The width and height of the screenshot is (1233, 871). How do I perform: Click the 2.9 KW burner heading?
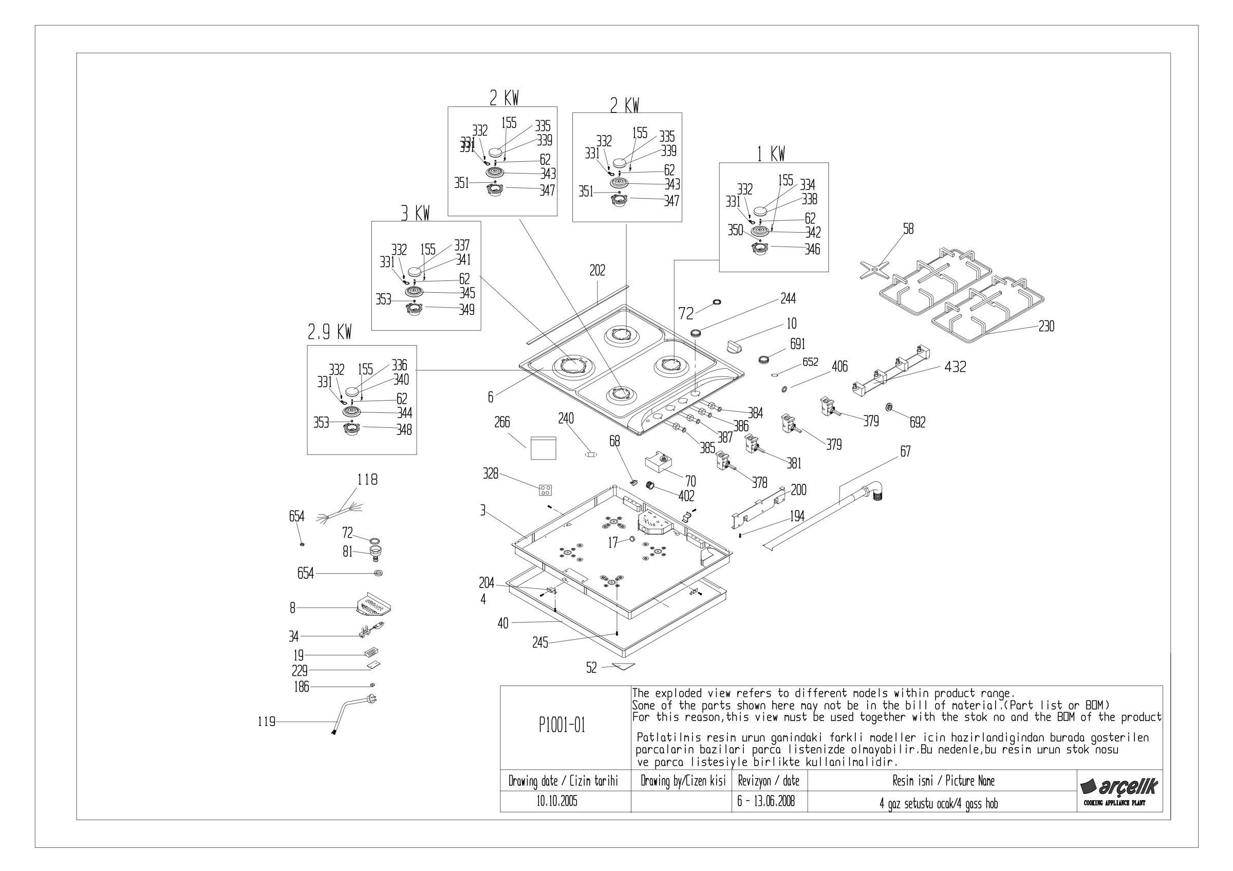coord(329,333)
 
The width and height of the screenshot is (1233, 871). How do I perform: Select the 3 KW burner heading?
coord(415,214)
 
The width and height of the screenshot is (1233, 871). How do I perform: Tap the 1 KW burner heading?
coord(771,155)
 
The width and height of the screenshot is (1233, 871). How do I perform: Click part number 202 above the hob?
coord(597,271)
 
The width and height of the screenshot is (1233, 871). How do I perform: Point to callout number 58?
coord(908,229)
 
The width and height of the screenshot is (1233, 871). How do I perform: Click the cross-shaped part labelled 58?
coord(874,269)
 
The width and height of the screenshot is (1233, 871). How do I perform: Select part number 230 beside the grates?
coord(1046,326)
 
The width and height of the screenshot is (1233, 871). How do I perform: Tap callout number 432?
coord(956,367)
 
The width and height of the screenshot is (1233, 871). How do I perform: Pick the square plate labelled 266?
coord(543,448)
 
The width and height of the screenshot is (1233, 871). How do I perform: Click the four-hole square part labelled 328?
coord(545,490)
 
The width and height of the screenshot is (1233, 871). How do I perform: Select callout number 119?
coord(266,722)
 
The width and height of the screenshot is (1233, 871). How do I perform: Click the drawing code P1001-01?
coord(562,726)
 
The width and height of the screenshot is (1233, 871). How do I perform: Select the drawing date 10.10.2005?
coord(557,802)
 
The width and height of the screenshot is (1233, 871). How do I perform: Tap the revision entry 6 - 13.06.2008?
coord(766,801)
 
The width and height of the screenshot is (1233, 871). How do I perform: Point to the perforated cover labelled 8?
coord(372,604)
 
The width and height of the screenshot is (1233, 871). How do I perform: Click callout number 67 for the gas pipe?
coord(905,452)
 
